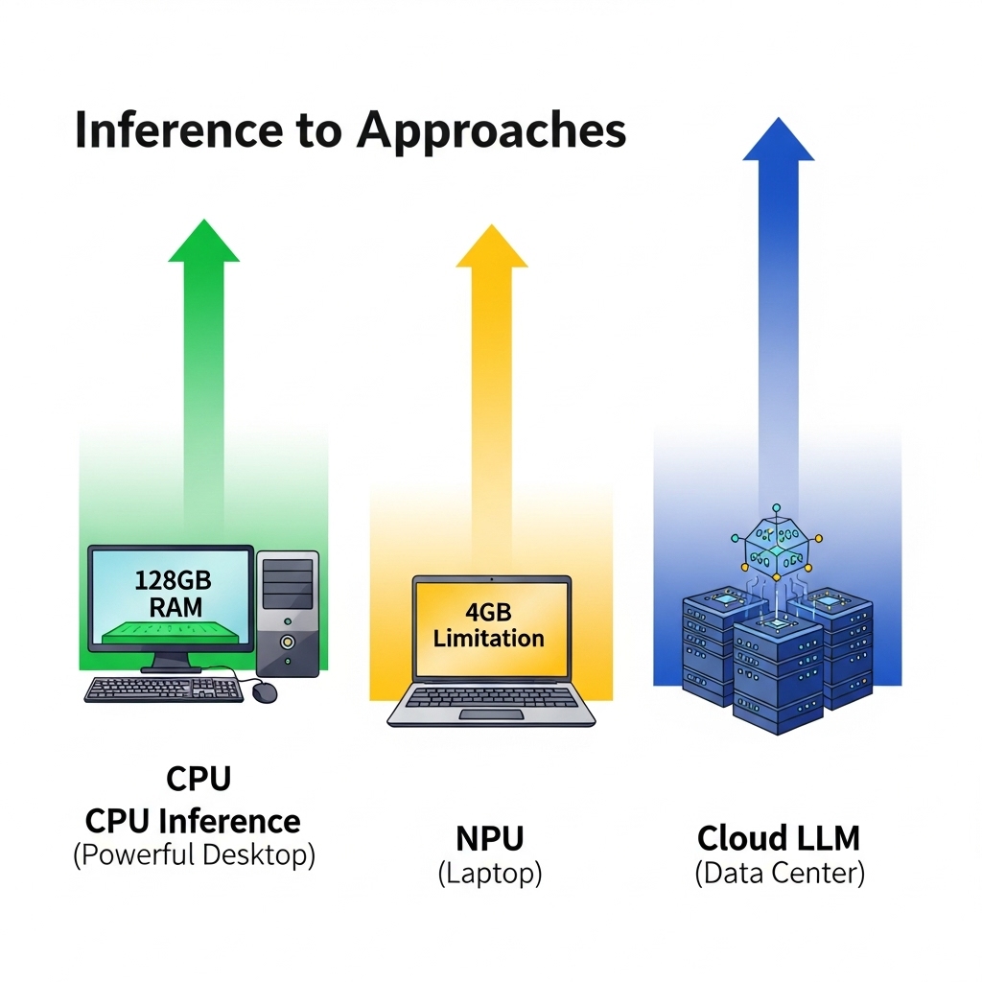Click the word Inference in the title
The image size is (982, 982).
click(x=178, y=129)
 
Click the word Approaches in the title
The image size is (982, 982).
click(x=492, y=132)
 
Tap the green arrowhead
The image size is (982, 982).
click(x=204, y=241)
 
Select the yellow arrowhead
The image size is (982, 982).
click(x=492, y=246)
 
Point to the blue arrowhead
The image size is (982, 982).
click(x=779, y=139)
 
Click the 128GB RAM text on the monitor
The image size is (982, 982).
click(x=174, y=594)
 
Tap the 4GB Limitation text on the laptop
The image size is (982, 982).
click(x=488, y=625)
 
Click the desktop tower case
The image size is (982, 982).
click(x=288, y=613)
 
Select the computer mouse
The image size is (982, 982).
click(x=265, y=692)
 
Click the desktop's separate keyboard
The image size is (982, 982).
click(x=164, y=690)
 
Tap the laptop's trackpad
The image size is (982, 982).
click(x=492, y=714)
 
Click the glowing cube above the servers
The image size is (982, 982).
click(x=777, y=545)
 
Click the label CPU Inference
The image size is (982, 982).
click(x=193, y=821)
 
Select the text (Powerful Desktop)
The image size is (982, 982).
click(x=194, y=854)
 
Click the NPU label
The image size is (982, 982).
click(x=490, y=838)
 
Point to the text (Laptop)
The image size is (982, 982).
click(x=490, y=874)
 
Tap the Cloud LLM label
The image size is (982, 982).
click(x=779, y=838)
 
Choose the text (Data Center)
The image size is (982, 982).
click(x=780, y=873)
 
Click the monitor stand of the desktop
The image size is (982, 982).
click(x=172, y=661)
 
